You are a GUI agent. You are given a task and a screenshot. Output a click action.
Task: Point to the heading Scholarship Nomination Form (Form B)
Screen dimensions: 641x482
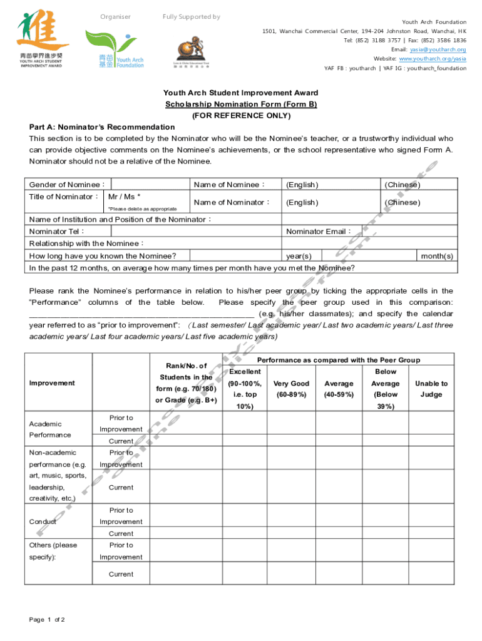click(241, 105)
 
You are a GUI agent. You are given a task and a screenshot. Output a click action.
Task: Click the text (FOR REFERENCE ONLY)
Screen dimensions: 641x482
click(241, 116)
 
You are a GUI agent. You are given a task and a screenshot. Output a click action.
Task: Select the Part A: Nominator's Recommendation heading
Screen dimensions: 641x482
click(102, 127)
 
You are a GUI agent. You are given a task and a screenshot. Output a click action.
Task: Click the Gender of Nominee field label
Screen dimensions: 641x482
click(68, 185)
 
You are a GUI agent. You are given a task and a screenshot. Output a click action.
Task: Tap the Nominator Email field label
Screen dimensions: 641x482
click(319, 232)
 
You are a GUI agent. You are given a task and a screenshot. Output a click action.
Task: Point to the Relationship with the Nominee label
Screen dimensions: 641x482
click(87, 244)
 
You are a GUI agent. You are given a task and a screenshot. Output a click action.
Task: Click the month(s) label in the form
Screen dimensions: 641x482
click(438, 256)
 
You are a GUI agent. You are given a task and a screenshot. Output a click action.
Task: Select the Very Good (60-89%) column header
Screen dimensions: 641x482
click(291, 389)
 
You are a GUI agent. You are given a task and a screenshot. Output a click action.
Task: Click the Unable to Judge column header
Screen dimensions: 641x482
click(431, 389)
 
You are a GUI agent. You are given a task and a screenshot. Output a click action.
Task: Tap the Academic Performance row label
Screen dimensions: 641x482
click(49, 429)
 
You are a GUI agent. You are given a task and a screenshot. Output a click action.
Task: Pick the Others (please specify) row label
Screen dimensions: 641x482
click(53, 551)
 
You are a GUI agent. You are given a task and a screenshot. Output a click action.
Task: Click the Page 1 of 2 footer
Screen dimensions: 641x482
click(47, 620)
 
